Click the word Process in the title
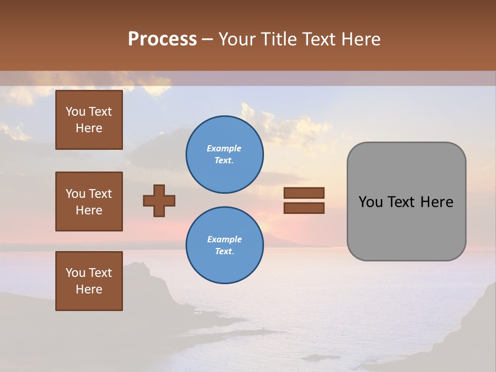pyautogui.click(x=162, y=39)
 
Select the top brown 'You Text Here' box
pyautogui.click(x=89, y=120)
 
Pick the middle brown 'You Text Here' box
pyautogui.click(x=89, y=202)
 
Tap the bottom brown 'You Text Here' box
pyautogui.click(x=89, y=281)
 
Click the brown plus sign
pyautogui.click(x=159, y=200)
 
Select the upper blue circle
pyautogui.click(x=224, y=154)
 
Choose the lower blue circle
pyautogui.click(x=224, y=245)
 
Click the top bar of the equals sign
pyautogui.click(x=304, y=193)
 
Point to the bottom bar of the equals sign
pyautogui.click(x=304, y=208)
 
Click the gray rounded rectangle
pyautogui.click(x=406, y=227)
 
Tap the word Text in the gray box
pyautogui.click(x=401, y=202)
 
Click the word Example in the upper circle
pyautogui.click(x=224, y=148)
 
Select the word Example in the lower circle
pyautogui.click(x=224, y=239)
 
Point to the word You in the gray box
pyautogui.click(x=370, y=202)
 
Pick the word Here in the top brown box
pyautogui.click(x=89, y=128)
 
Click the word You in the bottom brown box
pyautogui.click(x=75, y=273)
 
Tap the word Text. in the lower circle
pyautogui.click(x=224, y=252)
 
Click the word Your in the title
pyautogui.click(x=236, y=39)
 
